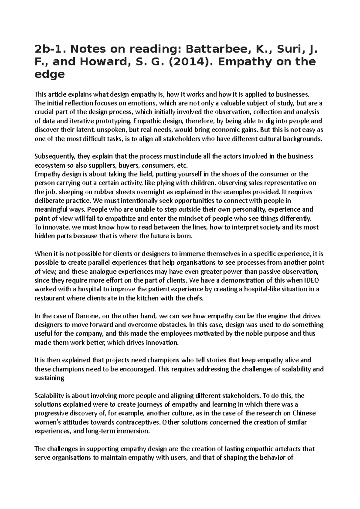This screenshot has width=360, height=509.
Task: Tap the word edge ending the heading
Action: click(x=49, y=74)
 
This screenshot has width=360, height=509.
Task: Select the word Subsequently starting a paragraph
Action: click(x=55, y=156)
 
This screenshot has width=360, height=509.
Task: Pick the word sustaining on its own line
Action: click(x=49, y=378)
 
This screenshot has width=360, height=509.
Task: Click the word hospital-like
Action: click(x=261, y=289)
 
